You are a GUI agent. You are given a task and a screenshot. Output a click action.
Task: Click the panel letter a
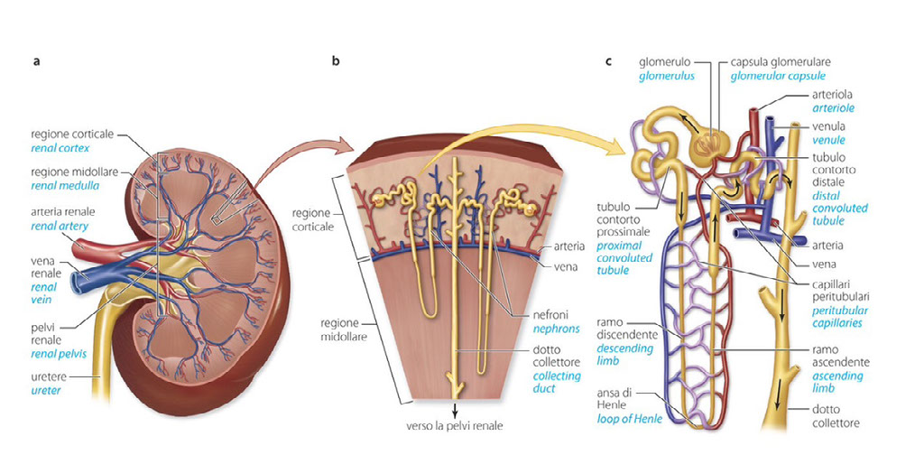click(36, 61)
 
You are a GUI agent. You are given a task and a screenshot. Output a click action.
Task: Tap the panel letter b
click(336, 61)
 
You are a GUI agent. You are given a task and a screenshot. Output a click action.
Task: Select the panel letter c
click(609, 61)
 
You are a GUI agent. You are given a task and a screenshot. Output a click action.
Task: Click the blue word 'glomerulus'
click(666, 77)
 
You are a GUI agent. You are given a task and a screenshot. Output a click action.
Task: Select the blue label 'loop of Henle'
click(628, 419)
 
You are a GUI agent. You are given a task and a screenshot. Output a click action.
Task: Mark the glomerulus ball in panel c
click(709, 142)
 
